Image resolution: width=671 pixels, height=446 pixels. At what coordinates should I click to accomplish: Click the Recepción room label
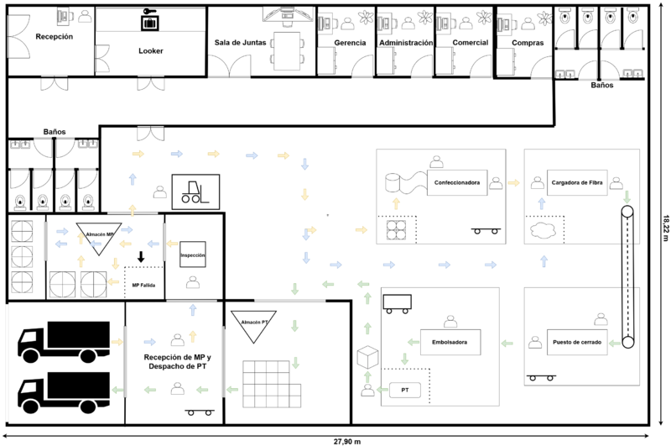54,37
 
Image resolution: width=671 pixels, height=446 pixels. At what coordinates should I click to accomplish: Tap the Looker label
151,50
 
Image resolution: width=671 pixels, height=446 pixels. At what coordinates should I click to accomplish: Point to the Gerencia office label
350,42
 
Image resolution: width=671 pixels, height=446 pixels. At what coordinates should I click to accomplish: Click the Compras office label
527,42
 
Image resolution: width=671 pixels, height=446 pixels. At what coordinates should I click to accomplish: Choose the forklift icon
195,192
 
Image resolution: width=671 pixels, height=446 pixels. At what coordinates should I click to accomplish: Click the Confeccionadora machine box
457,182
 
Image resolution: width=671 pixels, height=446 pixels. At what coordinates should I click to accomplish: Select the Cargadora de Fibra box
577,182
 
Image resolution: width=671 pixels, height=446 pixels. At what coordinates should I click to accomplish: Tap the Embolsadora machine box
450,342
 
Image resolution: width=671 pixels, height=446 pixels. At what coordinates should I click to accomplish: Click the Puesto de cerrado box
576,342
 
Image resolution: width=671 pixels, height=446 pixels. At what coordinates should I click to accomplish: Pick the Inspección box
193,254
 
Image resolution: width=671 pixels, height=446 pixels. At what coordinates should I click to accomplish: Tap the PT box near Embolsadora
404,391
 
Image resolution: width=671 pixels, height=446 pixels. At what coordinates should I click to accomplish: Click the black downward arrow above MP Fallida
141,257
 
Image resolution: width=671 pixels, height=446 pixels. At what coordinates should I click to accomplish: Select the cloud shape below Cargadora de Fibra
543,229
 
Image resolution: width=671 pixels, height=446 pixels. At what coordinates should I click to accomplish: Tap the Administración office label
406,42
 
